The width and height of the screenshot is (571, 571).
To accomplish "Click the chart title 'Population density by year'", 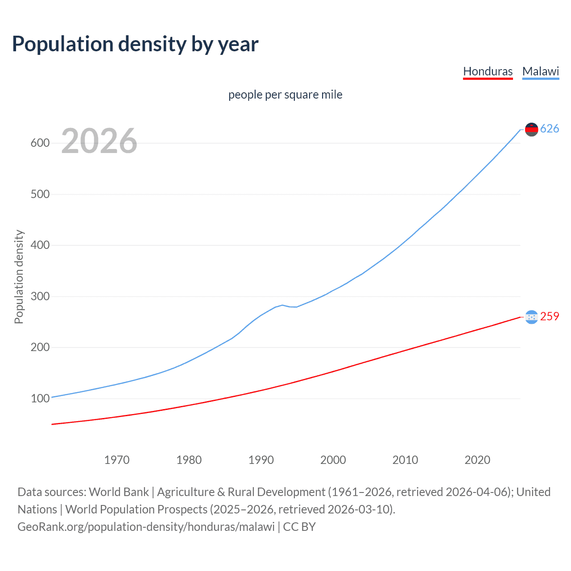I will (135, 44).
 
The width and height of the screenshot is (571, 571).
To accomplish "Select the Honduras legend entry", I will (488, 71).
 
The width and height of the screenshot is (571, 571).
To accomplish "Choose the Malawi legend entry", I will (540, 71).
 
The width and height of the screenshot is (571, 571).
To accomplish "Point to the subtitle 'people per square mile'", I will (285, 95).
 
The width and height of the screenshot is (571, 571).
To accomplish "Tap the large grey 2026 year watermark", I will (99, 141).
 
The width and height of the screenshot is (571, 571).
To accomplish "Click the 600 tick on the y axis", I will (40, 143).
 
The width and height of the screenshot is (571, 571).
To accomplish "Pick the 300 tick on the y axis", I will (40, 297).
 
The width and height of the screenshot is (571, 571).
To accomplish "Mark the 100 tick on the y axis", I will (40, 399).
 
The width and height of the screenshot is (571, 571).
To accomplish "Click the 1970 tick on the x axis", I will (117, 460).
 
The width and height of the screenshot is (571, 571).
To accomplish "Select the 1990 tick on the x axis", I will (261, 460).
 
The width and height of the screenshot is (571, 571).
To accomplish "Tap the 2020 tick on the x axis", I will (477, 460).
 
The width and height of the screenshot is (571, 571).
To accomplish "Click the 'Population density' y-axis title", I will (19, 277).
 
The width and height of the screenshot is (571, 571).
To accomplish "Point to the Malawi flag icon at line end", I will (531, 129).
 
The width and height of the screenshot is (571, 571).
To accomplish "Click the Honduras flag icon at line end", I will (531, 317).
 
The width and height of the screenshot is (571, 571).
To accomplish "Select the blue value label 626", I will (550, 129).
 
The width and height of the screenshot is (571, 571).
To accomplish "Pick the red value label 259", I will (550, 316).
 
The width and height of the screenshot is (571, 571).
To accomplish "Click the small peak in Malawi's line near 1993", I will (282, 305).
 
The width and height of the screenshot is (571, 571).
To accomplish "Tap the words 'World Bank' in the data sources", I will (119, 492).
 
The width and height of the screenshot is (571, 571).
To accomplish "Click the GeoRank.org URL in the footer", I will (146, 527).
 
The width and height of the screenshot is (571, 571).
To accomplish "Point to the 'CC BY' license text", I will (299, 527).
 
